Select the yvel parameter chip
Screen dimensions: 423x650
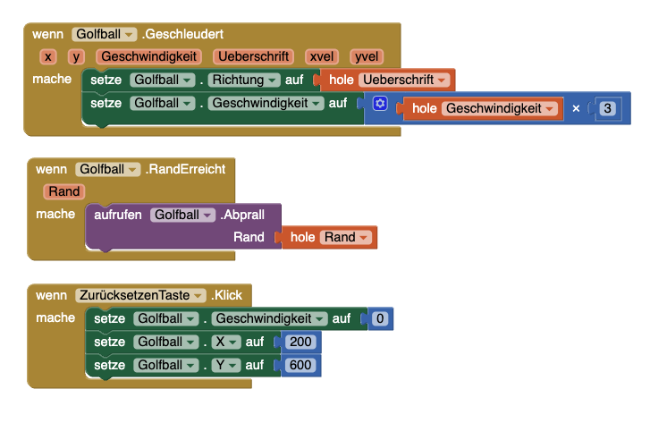[x=367, y=57]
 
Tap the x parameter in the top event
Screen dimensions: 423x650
[x=48, y=57]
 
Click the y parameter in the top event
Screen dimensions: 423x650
[x=76, y=57]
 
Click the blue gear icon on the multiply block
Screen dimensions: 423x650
[x=380, y=105]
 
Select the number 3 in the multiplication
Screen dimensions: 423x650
[x=608, y=108]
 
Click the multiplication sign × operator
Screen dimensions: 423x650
[x=576, y=108]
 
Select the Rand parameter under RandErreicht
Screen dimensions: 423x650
[x=64, y=191]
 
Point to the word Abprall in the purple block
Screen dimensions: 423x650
[x=245, y=215]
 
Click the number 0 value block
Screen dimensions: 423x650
[x=380, y=318]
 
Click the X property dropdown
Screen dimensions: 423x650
[x=224, y=342]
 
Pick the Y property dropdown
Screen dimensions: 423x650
[x=224, y=365]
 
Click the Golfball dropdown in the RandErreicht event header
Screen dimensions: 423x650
[x=107, y=169]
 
